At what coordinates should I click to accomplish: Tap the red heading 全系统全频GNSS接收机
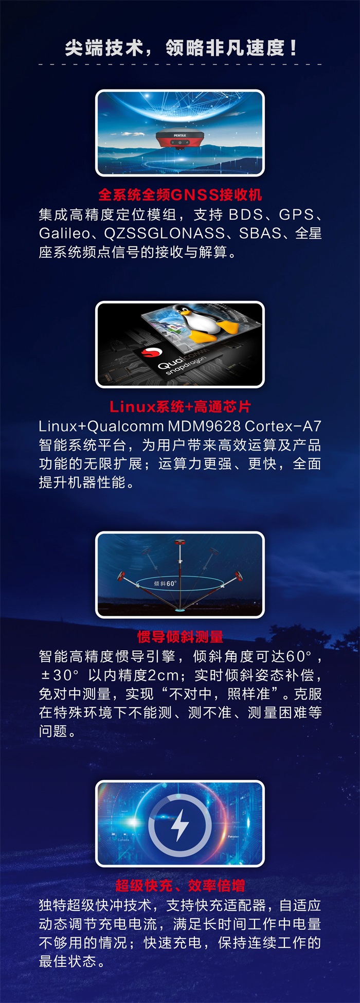[180, 195]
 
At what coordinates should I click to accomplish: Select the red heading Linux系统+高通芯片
[180, 407]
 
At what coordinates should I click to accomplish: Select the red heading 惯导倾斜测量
[180, 637]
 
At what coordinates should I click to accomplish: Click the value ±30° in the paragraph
[60, 675]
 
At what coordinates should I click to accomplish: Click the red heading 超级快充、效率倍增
[180, 885]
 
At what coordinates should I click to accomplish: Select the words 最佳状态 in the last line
[67, 961]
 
